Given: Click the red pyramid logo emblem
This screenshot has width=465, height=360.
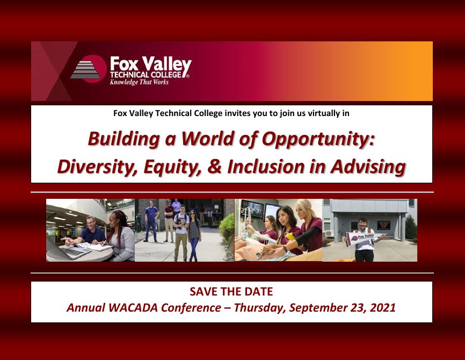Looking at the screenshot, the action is [89, 69].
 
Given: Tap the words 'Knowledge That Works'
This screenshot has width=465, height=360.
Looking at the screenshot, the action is [139, 82].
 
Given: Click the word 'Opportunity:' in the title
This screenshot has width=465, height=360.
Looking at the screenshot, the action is [318, 139].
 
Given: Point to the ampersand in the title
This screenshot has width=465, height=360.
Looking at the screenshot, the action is [215, 166].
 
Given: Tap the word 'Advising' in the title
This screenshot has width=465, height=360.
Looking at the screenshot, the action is [368, 167].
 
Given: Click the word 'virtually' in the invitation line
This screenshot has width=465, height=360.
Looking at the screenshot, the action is [324, 113].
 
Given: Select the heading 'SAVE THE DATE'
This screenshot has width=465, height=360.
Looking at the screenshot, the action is [231, 292].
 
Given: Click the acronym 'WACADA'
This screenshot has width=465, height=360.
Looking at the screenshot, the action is [133, 307].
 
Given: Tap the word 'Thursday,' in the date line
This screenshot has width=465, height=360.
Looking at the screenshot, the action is [260, 308].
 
